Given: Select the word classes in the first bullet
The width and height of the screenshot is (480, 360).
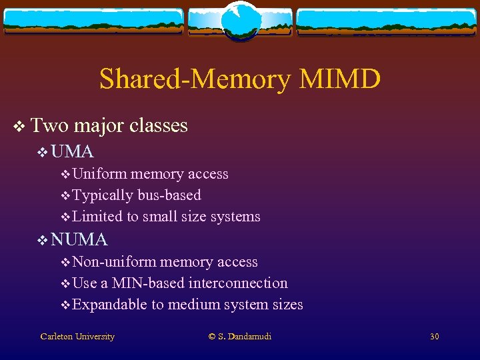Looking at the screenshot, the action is point(159,125).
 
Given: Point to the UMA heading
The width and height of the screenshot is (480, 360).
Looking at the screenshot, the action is point(72,151).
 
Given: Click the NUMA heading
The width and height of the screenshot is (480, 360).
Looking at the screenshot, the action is point(79,239).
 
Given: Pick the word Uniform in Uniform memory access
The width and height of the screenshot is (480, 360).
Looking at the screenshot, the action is point(99,174).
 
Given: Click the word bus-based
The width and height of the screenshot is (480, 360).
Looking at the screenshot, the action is point(169,195).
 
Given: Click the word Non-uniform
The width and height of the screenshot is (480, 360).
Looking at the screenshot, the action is point(114,262).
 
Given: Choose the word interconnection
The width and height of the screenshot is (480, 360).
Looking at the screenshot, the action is point(238,283).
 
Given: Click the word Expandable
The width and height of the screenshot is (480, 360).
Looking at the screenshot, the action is point(109,305).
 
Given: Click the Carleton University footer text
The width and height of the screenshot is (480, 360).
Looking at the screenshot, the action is point(77,337).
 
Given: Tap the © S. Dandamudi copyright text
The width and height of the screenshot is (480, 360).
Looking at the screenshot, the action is point(240,337).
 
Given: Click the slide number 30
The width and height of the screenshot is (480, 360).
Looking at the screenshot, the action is point(434,337).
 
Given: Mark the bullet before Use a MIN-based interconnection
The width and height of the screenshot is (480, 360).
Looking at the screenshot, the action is point(65,283).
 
